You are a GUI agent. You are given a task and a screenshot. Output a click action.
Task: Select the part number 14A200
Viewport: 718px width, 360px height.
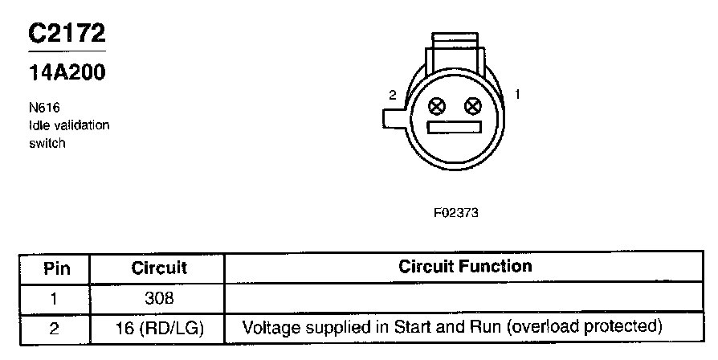[67, 72]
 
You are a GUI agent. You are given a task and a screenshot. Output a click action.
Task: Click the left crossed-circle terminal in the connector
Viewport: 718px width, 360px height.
[437, 106]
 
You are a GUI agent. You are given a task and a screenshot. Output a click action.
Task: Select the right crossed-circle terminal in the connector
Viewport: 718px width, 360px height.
[473, 106]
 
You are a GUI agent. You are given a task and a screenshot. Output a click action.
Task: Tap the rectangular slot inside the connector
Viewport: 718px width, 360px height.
[455, 128]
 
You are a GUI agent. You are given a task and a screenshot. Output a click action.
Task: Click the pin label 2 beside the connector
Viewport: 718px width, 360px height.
[393, 95]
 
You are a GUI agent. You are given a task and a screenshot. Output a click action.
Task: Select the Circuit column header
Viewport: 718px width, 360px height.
[159, 268]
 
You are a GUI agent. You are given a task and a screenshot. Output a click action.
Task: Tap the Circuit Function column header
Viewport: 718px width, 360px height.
[465, 266]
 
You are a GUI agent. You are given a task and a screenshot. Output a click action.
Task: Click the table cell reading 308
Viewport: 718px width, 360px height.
[159, 298]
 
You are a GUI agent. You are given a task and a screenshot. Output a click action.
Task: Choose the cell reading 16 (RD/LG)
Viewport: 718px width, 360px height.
[159, 328]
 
